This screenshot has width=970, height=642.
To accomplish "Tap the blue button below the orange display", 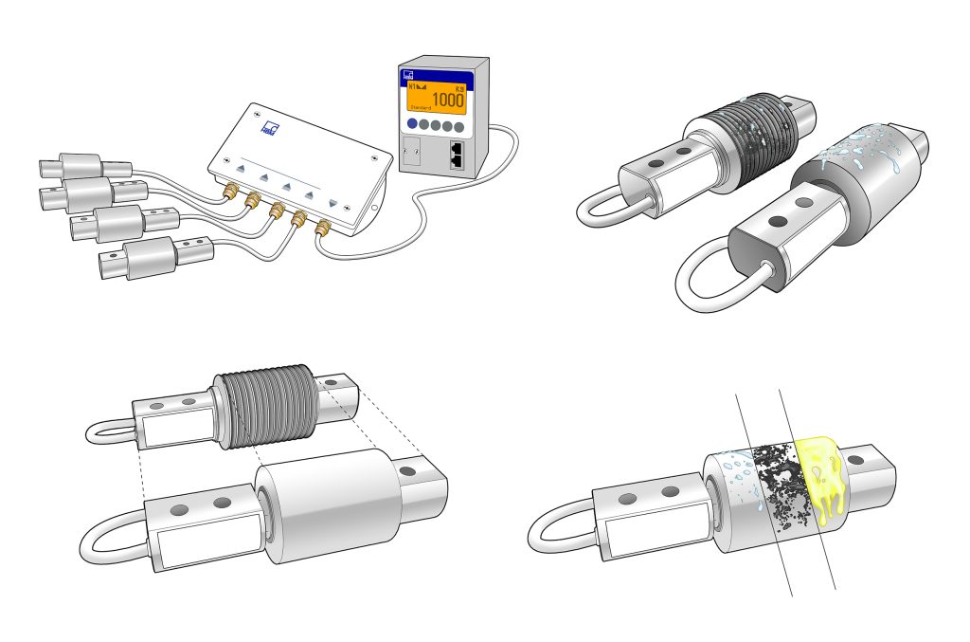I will tap(412, 124).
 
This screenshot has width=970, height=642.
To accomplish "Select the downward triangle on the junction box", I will tap(332, 204).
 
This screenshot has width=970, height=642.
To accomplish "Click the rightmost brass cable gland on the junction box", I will tap(322, 227).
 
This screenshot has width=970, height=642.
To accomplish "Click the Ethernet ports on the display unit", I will tap(457, 155).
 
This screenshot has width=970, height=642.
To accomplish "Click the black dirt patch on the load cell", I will tap(778, 479).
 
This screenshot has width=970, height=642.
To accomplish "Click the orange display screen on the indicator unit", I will tap(436, 96).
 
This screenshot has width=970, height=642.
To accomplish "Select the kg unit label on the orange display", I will tap(458, 86).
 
